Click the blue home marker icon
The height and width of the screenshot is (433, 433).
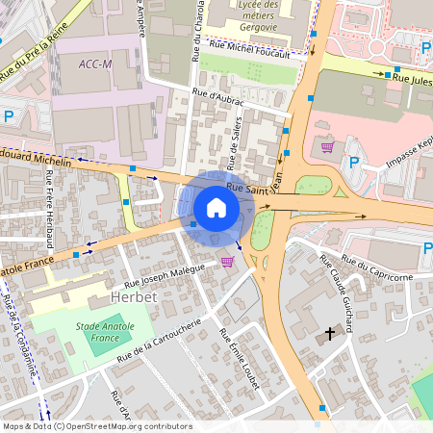click(x=216, y=208)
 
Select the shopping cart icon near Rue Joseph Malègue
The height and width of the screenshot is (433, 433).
click(x=227, y=261)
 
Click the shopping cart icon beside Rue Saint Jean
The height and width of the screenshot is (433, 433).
click(x=327, y=146)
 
